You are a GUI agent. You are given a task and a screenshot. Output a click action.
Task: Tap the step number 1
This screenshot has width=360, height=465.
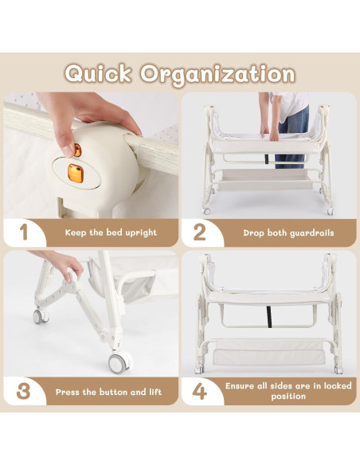tap(23, 232)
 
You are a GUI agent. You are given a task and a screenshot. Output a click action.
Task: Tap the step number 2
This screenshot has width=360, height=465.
tap(200, 233)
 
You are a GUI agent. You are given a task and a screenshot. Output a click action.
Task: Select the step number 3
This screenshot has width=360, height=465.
tap(23, 391)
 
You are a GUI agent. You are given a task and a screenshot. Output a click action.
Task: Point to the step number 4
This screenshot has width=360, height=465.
tap(200, 391)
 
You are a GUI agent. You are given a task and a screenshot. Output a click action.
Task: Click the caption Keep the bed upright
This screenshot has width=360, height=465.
tap(100, 233)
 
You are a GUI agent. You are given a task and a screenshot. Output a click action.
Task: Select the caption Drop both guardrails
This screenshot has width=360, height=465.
tap(278, 233)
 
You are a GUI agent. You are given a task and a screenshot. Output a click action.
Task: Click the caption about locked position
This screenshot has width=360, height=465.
tap(278, 391)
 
